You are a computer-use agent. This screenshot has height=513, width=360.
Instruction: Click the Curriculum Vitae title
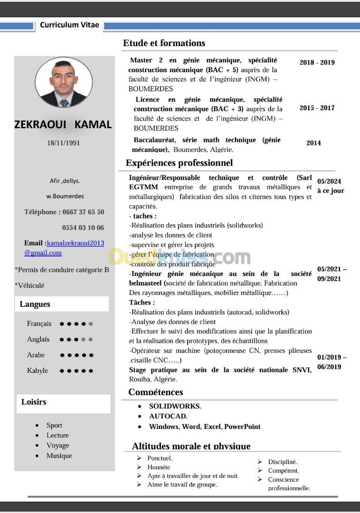pos(69,25)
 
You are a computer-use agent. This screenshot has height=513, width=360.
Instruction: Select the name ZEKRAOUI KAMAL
pos(63,124)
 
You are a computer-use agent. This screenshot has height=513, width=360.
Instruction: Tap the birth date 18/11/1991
pos(63,143)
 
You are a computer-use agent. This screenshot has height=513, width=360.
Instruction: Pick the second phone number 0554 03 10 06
pos(83,228)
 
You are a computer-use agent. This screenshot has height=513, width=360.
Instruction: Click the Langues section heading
pos(35,304)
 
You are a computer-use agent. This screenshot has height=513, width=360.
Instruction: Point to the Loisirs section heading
pos(34,402)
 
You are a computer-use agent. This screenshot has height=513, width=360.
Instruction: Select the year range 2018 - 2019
pos(317,62)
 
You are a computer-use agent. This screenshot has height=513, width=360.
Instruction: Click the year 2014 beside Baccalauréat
pos(313,142)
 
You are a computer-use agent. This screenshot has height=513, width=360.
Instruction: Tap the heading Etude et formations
pos(164,43)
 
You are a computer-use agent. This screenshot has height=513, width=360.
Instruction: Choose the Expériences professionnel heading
pos(179,163)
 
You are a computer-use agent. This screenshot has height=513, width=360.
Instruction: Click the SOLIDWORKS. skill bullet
pos(175,406)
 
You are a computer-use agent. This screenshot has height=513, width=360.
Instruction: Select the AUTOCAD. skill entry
pos(168,416)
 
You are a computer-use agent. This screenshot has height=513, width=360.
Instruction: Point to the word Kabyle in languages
pos(38,370)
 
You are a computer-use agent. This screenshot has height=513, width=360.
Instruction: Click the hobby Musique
pos(59,456)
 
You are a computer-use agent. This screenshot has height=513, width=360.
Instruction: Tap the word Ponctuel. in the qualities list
pos(160,458)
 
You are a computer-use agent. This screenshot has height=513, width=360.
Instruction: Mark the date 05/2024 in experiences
pos(329,181)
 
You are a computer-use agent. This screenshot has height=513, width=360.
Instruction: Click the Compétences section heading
pos(155,392)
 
